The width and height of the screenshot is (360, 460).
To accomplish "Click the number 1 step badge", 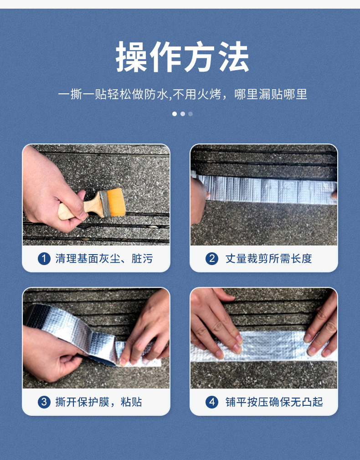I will pos(44,259).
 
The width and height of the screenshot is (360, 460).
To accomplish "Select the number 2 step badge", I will pos(211,259).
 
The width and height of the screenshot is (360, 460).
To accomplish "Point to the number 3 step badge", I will pos(44,402).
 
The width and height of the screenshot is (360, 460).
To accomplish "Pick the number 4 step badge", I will pos(211,402).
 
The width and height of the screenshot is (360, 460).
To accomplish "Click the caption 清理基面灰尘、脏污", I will pos(104,259).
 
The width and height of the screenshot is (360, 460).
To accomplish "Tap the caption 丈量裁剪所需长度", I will pos(268,259).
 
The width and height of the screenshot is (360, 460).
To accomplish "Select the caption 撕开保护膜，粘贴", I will pos(98,402).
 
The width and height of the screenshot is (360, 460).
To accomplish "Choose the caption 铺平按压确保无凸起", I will pos(274,402).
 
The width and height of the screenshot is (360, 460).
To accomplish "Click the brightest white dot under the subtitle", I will pos(175,114).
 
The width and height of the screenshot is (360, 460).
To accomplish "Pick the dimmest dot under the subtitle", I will pos(190,114).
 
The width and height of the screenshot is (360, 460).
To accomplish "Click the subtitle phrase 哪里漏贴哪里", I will pos(271,94).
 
